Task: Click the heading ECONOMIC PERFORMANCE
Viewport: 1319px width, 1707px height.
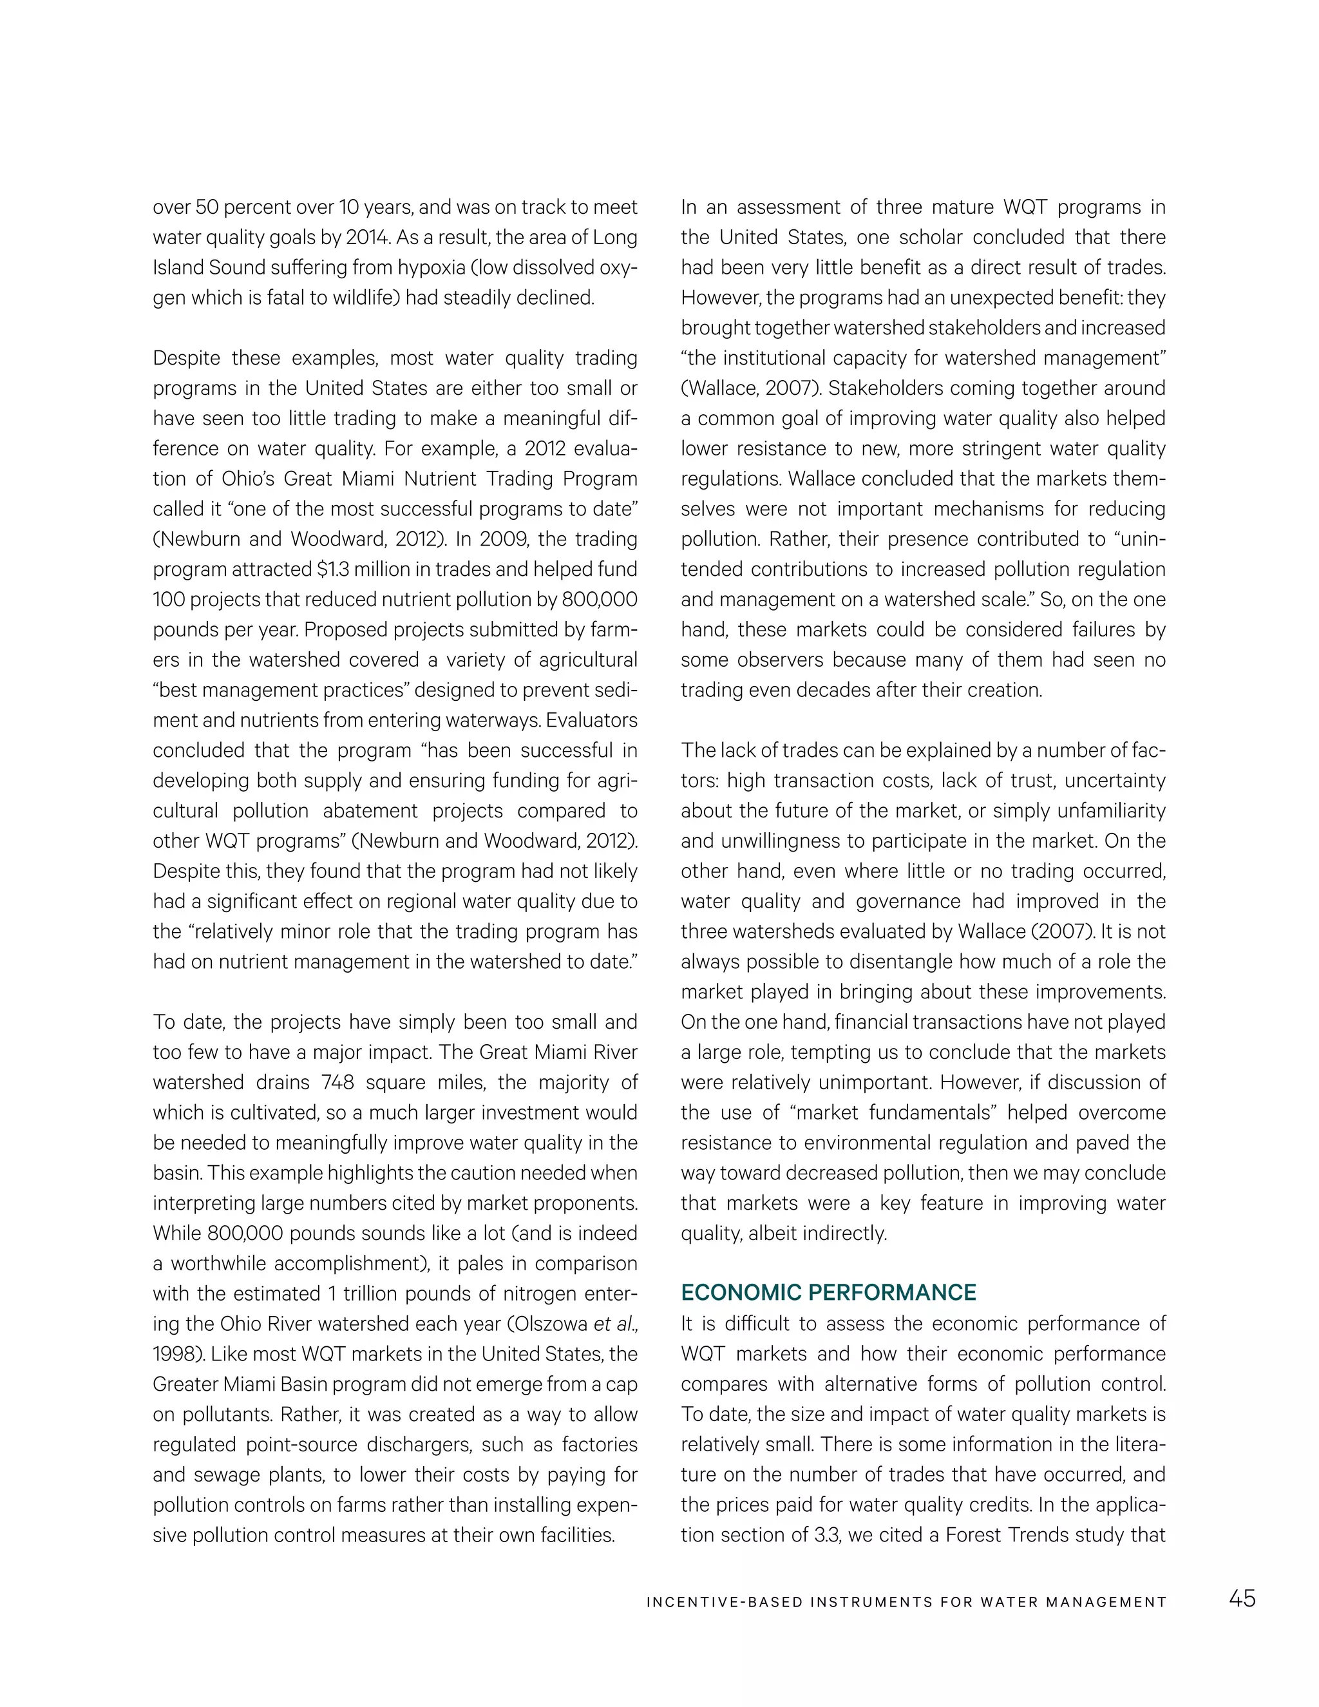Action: (828, 1292)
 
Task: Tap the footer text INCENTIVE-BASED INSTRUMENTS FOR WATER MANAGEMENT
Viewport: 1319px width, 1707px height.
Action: (906, 1602)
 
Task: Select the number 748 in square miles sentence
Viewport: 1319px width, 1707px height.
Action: (337, 1083)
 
